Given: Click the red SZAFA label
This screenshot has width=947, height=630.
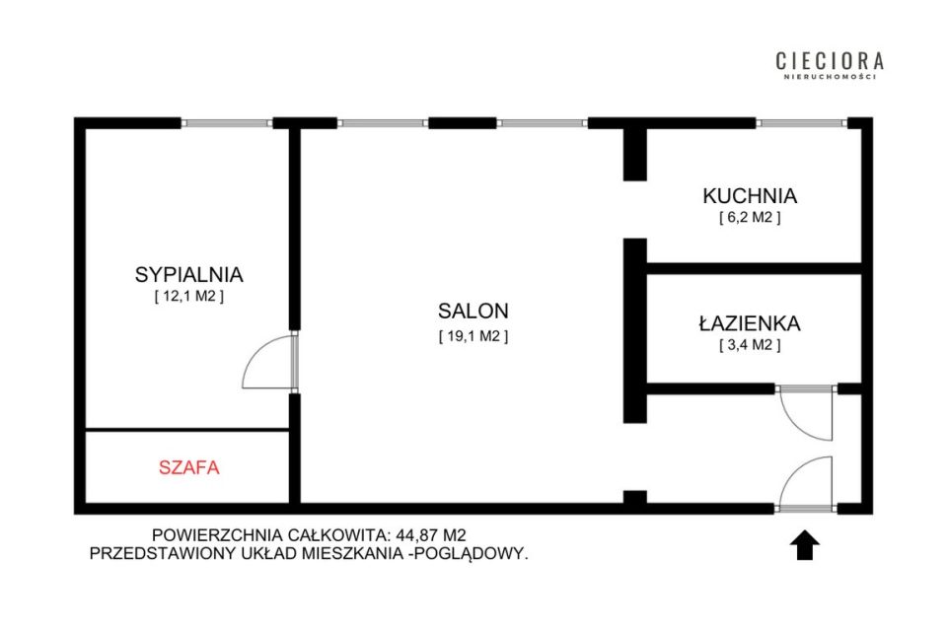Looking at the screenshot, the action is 189,467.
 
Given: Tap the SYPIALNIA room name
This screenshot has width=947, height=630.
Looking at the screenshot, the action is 189,274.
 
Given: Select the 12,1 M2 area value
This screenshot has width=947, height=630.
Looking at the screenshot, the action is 189,297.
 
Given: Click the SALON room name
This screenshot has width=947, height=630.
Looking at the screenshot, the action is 473,311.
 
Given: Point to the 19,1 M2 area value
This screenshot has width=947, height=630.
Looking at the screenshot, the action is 473,336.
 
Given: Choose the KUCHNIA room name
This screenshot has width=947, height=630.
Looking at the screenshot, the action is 750,195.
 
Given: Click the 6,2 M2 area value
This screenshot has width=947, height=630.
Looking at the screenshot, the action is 750,217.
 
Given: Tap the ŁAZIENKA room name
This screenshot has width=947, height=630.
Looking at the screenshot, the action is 750,323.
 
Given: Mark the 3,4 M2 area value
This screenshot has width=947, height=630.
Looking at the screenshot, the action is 750,345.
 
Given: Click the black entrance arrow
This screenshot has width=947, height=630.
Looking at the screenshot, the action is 805,545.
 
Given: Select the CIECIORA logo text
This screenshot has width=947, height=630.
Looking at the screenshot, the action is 830,61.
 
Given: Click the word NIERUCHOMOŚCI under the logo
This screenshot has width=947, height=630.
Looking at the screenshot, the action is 830,77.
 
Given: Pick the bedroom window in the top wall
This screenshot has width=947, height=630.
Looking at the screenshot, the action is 227,123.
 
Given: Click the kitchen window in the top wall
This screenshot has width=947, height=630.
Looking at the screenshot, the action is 801,123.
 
